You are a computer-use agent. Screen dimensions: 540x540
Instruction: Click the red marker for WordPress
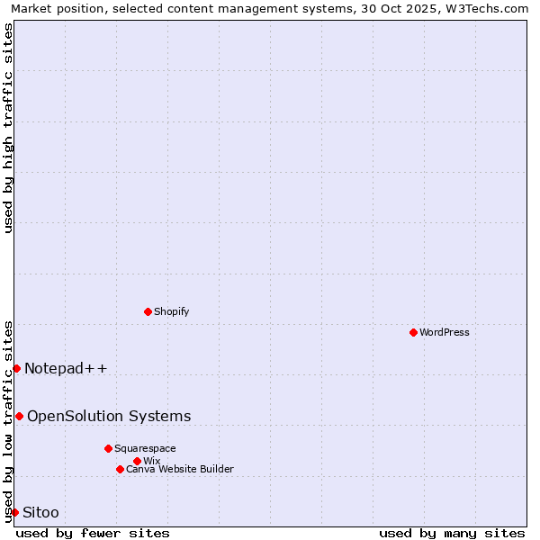[413, 332]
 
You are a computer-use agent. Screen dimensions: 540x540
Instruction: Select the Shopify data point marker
[148, 311]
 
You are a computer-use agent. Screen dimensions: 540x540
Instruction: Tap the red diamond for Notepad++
[16, 368]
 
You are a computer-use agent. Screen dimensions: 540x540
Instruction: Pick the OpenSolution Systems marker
[19, 416]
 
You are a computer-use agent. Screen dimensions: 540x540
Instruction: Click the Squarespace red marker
[108, 448]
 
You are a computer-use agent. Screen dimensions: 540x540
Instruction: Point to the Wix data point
[137, 461]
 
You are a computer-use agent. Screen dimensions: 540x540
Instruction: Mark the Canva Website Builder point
[120, 469]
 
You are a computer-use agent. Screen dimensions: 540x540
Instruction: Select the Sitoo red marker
[14, 512]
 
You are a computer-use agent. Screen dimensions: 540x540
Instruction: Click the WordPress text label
[445, 332]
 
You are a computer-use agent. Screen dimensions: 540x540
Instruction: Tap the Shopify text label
[172, 311]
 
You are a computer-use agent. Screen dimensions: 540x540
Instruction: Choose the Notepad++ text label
[66, 368]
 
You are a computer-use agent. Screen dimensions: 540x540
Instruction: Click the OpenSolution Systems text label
[109, 416]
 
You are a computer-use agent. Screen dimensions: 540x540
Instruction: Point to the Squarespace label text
[145, 448]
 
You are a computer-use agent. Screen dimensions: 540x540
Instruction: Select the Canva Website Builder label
[180, 469]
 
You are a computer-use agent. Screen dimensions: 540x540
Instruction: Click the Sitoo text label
[40, 512]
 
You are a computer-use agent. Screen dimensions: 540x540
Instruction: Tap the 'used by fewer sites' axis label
[93, 533]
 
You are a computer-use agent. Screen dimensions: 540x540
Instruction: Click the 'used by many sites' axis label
[452, 533]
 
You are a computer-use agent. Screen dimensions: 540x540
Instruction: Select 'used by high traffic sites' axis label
[8, 128]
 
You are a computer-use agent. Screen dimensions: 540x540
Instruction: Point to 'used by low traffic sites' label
[8, 421]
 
